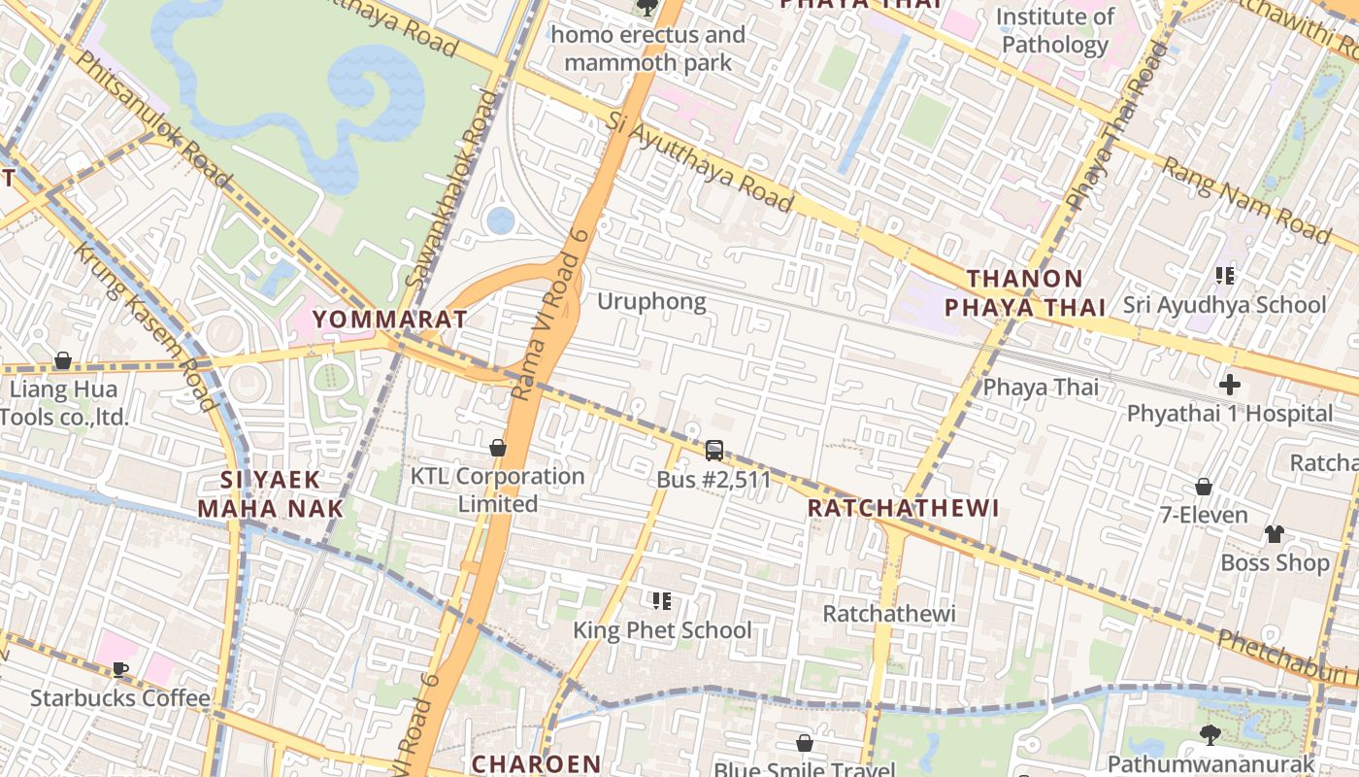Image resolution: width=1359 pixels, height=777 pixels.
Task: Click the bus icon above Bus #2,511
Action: coord(714,450)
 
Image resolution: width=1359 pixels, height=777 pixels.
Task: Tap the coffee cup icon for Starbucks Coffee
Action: coord(120,669)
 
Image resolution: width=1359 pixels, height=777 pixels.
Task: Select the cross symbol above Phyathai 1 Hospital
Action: coord(1230,384)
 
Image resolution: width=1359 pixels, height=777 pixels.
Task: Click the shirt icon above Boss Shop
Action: coord(1275,533)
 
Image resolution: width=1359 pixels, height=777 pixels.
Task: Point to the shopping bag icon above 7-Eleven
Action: coord(1204,486)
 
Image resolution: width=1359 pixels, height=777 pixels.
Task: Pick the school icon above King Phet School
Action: coord(662,601)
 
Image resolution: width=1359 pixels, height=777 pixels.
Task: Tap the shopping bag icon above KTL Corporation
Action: coord(498,448)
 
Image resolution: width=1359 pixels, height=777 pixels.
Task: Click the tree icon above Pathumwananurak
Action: coord(1210,734)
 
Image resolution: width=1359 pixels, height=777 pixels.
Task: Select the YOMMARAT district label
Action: coord(390,319)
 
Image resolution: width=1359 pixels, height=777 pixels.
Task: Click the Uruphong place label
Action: coord(651,301)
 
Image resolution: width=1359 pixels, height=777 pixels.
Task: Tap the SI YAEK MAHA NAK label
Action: coord(271,493)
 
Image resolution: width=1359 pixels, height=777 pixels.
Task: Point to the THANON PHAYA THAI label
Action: coord(1025,293)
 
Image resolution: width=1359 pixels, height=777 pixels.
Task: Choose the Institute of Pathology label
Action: coord(1055,31)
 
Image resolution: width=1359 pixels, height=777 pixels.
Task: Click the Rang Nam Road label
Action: coord(1246,201)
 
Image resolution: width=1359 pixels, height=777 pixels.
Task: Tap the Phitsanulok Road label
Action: coord(153,118)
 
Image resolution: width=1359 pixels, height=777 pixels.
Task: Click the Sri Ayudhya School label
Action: coord(1224,304)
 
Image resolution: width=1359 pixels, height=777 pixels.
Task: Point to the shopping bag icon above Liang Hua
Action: coord(63,361)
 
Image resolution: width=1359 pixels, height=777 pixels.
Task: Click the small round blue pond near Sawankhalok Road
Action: coord(500,220)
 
